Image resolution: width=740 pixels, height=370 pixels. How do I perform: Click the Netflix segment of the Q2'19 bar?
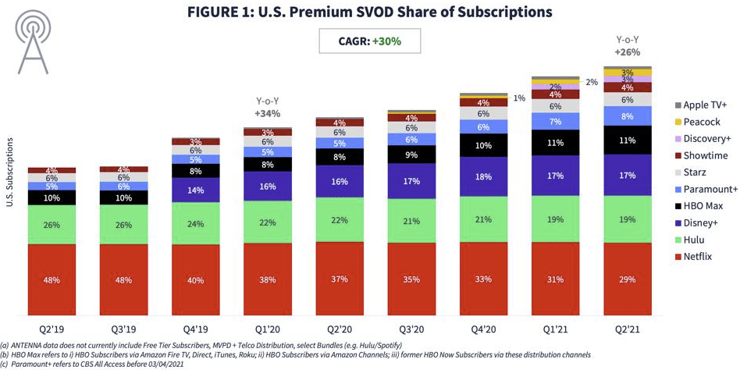pyautogui.click(x=51, y=279)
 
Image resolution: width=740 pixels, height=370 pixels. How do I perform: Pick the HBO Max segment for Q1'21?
pyautogui.click(x=556, y=143)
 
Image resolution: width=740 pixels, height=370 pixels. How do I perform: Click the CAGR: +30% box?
pyautogui.click(x=371, y=41)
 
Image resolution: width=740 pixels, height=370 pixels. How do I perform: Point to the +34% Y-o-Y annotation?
pyautogui.click(x=267, y=113)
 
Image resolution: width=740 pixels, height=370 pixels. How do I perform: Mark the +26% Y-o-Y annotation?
pyautogui.click(x=628, y=52)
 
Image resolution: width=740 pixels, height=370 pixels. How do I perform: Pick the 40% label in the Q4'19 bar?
pyautogui.click(x=195, y=279)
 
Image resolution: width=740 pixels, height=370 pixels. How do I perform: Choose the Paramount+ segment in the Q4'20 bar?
pyautogui.click(x=484, y=126)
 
